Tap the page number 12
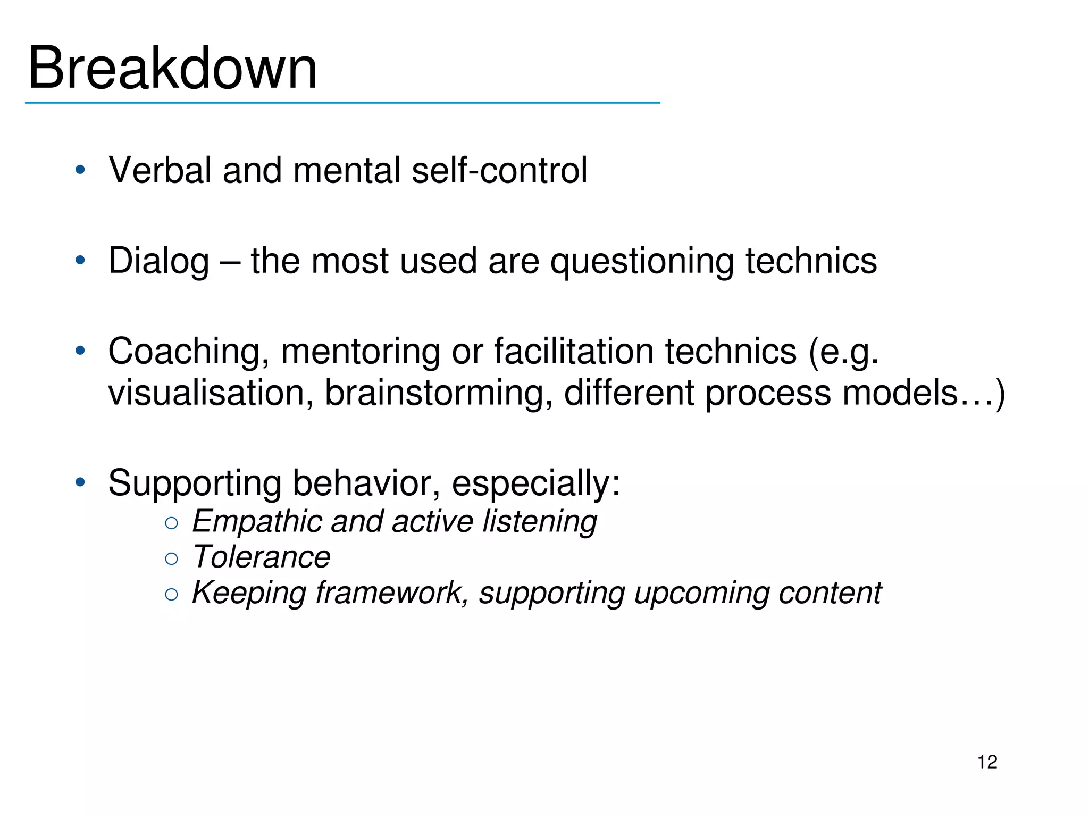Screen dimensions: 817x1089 987,762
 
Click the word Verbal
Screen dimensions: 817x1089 160,170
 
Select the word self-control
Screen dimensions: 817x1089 499,170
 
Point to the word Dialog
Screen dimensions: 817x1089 158,262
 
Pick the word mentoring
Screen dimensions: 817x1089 361,352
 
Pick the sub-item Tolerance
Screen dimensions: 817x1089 261,557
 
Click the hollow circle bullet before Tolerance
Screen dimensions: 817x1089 171,558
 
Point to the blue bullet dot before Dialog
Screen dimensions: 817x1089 80,261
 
